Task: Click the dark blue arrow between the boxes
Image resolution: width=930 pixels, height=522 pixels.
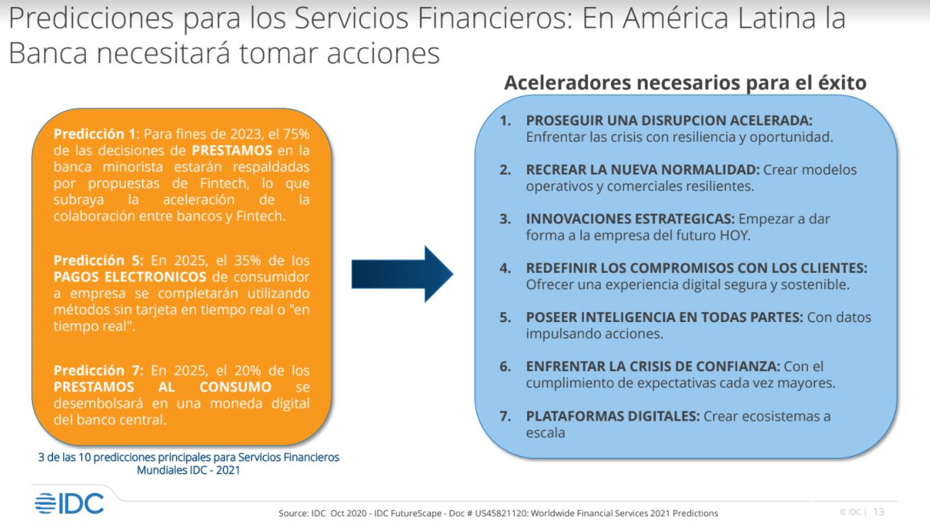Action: click(x=402, y=274)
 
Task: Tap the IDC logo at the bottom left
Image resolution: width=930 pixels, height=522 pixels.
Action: click(x=70, y=504)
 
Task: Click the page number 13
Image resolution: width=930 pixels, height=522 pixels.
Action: click(x=878, y=511)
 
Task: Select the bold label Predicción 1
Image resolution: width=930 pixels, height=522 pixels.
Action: click(x=94, y=134)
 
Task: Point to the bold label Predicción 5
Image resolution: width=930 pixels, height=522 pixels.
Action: click(x=98, y=260)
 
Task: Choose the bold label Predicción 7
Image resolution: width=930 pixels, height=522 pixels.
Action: click(x=98, y=370)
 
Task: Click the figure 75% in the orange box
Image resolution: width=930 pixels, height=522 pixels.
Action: click(x=296, y=134)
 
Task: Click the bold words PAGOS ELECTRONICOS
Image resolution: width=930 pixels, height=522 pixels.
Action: click(x=130, y=277)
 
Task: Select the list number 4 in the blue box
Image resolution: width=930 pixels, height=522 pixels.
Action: click(x=505, y=268)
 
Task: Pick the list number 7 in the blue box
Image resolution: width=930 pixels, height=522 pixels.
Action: click(x=505, y=416)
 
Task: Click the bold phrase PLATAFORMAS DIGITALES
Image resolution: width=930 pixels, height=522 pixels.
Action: click(x=613, y=416)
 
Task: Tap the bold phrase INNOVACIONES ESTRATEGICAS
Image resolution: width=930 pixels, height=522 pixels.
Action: click(x=630, y=218)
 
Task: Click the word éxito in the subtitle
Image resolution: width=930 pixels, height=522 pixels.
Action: click(x=843, y=82)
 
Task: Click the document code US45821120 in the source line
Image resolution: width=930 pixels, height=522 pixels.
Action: click(x=501, y=513)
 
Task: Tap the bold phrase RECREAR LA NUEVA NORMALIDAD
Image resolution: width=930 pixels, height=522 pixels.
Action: click(x=643, y=170)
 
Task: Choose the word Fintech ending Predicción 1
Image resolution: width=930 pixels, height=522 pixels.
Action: click(x=261, y=216)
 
